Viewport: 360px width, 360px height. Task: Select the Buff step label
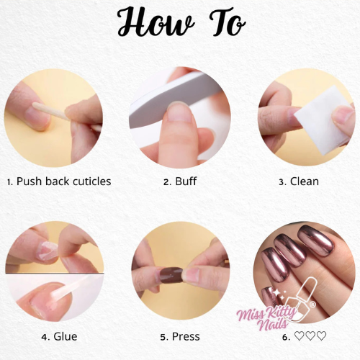coord(186,181)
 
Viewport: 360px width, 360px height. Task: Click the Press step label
coord(186,336)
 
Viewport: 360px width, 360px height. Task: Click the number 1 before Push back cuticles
coord(9,182)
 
